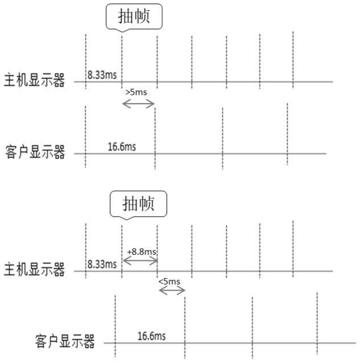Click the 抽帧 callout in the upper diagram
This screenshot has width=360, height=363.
click(134, 16)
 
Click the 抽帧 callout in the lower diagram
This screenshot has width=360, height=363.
click(138, 204)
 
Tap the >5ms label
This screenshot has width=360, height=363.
click(136, 92)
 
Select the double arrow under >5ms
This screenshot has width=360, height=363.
click(139, 104)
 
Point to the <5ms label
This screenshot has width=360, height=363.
click(169, 282)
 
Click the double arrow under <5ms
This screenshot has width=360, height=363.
click(172, 291)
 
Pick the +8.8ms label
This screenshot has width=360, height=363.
click(142, 252)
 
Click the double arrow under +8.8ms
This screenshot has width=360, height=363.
click(140, 261)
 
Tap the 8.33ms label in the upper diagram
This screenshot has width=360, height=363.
click(102, 75)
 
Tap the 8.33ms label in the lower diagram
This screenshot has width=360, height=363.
click(102, 264)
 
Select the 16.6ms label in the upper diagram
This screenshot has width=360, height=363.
click(122, 147)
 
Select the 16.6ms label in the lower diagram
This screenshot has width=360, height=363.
click(151, 336)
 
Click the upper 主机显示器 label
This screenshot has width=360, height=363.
click(34, 80)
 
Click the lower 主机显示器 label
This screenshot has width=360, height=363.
click(34, 270)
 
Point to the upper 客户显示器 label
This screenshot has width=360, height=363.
click(35, 152)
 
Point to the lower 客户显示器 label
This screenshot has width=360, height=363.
click(65, 341)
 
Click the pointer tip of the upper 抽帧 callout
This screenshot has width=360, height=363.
click(122, 31)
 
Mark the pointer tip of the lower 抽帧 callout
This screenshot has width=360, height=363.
click(126, 219)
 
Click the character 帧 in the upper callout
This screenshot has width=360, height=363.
click(142, 16)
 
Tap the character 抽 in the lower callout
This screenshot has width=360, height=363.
click(130, 204)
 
